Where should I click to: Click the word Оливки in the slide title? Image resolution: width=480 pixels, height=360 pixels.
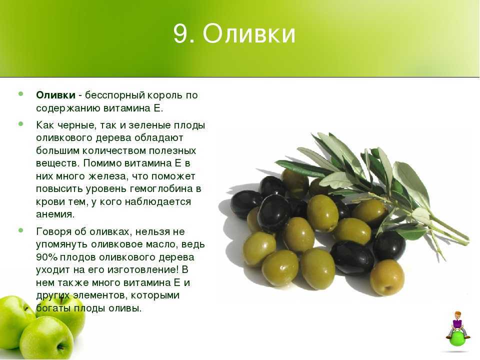point(249,33)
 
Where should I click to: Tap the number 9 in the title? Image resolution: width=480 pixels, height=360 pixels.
point(180,33)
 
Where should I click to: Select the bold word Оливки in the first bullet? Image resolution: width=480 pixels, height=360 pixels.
point(55,95)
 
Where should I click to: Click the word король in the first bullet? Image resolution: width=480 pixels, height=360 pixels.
point(165,95)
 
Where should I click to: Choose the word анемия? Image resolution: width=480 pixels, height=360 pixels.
point(55,214)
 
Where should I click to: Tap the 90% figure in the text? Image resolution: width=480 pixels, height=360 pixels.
point(46,257)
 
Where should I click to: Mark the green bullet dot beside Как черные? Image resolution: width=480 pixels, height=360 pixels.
point(21,124)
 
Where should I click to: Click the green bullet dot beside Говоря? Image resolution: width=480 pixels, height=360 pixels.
point(21,230)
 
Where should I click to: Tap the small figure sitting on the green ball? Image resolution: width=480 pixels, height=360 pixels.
point(457,324)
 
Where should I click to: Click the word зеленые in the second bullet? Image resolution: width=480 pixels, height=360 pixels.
point(149,125)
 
